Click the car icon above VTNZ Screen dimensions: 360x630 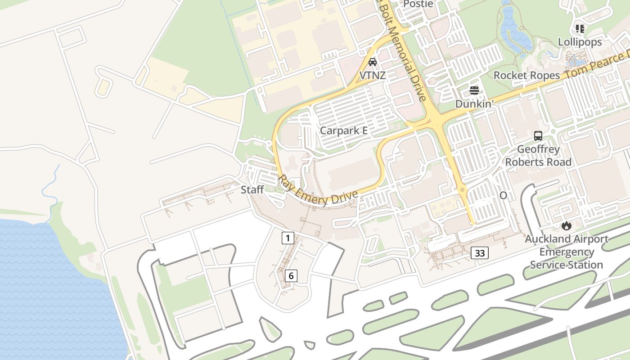click(x=373, y=62)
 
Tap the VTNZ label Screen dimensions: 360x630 click(x=373, y=75)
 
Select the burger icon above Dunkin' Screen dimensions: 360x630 click(x=474, y=90)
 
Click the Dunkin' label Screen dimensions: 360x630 click(x=475, y=104)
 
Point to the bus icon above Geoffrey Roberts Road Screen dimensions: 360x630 click(x=538, y=135)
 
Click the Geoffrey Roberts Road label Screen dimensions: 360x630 click(x=538, y=156)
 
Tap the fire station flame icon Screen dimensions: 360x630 click(x=566, y=225)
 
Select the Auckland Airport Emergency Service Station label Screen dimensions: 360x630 click(x=566, y=252)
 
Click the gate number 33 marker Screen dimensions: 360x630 click(x=480, y=253)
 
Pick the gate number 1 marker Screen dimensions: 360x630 click(x=288, y=238)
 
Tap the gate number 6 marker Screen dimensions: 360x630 click(x=291, y=275)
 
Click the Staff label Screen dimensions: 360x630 click(x=252, y=189)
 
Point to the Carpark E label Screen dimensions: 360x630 click(x=344, y=130)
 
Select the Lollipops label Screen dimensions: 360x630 click(x=580, y=42)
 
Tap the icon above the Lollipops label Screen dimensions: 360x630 click(x=580, y=29)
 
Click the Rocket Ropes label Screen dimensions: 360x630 click(x=526, y=75)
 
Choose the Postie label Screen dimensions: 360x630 click(x=418, y=4)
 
